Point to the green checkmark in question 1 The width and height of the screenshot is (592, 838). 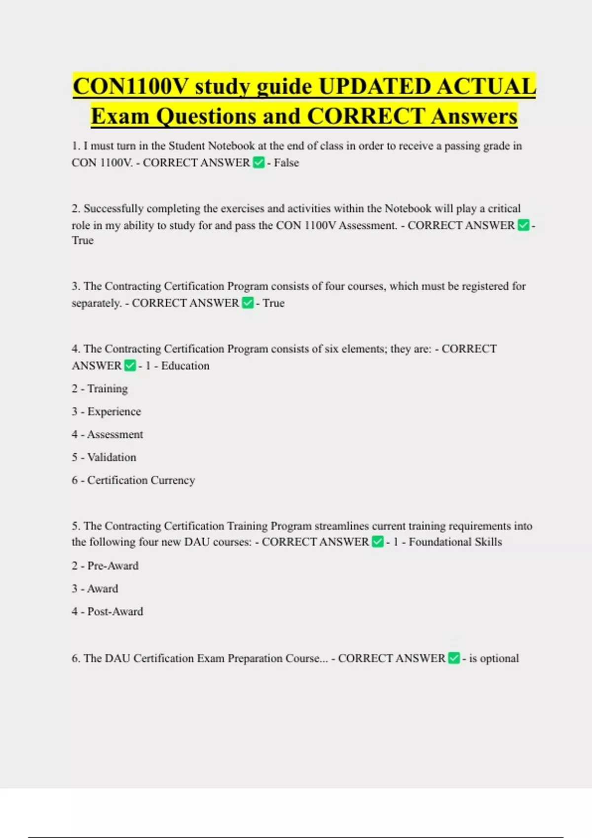[x=259, y=162]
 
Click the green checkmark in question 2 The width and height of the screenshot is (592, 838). [x=523, y=225]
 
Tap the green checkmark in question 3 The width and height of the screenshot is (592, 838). [x=248, y=303]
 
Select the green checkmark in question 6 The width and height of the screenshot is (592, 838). [x=454, y=658]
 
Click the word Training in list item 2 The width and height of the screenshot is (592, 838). [x=108, y=388]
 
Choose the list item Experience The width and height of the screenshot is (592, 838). [x=114, y=412]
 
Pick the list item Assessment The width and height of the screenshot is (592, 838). [x=115, y=434]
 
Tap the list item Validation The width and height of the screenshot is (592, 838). [x=111, y=457]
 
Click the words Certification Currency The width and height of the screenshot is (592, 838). [x=141, y=480]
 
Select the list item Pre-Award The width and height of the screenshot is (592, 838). [x=113, y=566]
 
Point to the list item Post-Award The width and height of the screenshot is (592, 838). [x=115, y=612]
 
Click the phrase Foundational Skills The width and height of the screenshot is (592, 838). [x=455, y=542]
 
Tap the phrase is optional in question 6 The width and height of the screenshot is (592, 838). [x=494, y=658]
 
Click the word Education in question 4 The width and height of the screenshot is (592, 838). [x=185, y=366]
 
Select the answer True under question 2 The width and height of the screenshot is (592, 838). [x=82, y=241]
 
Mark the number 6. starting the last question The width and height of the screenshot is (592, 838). [x=76, y=658]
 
